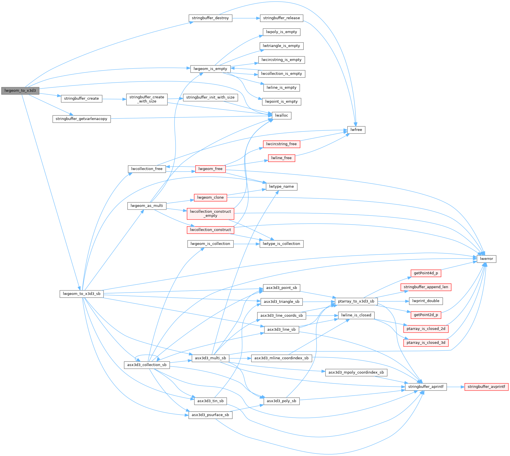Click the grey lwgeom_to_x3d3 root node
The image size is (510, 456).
pos(20,91)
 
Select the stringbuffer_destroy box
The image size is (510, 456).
pos(210,18)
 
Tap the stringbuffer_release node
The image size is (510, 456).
pos(281,18)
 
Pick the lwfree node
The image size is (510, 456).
pos(356,130)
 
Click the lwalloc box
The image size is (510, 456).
pos(281,115)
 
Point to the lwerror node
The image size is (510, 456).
pos(486,259)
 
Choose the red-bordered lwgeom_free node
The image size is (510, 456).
pos(210,169)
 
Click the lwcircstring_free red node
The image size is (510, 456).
pos(281,144)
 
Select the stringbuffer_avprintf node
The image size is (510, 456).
pos(486,387)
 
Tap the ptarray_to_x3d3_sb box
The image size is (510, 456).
pos(356,301)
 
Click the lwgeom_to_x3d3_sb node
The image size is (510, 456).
pos(82,294)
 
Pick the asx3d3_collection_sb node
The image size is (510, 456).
pos(147,365)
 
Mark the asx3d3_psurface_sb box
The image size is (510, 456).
pos(210,415)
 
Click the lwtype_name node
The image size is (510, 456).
pos(281,187)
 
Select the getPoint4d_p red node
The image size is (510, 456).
pos(426,273)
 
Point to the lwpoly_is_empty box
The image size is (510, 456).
pos(281,32)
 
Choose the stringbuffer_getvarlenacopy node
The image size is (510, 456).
pos(81,119)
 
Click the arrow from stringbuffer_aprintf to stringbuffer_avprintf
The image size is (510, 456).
pos(456,387)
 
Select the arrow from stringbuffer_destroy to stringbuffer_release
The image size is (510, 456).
pos(246,18)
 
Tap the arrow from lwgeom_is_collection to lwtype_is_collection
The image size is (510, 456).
pos(246,244)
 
